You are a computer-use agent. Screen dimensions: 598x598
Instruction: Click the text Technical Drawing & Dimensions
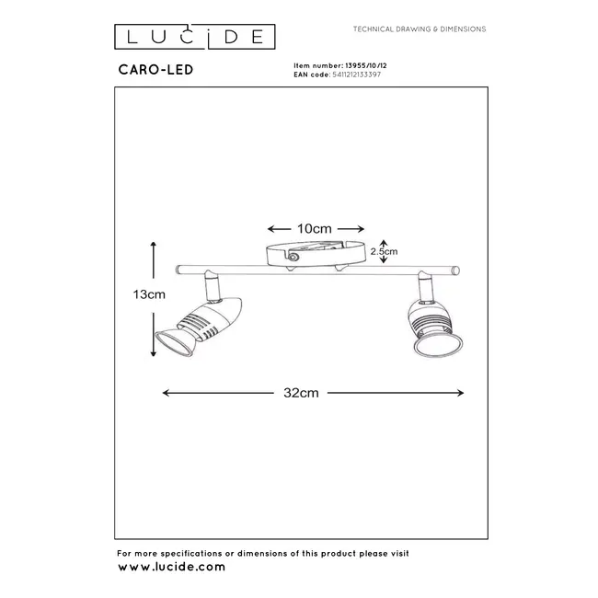(x=420, y=29)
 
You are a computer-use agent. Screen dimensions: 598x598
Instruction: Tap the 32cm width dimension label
(x=313, y=393)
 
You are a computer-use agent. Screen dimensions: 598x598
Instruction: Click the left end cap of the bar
(x=180, y=270)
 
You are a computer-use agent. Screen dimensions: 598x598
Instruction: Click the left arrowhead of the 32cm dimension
(x=167, y=393)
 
